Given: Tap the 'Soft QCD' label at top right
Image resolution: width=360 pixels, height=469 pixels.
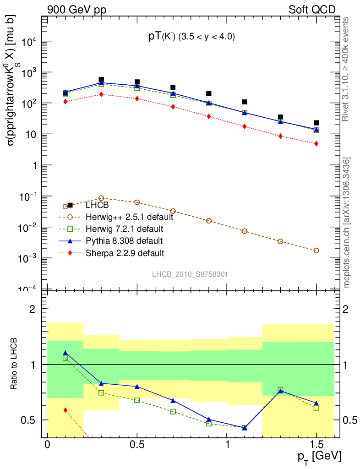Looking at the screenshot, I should pyautogui.click(x=312, y=10).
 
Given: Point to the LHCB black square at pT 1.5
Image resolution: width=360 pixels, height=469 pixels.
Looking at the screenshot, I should pyautogui.click(x=316, y=123).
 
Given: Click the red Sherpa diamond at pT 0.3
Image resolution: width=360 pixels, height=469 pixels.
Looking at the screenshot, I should pyautogui.click(x=101, y=94).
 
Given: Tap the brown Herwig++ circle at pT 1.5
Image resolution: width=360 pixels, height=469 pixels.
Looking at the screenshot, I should pyautogui.click(x=316, y=251).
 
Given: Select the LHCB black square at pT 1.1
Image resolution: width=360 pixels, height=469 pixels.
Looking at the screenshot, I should pyautogui.click(x=245, y=102).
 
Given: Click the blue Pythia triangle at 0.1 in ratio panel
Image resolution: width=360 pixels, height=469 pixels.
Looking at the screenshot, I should pyautogui.click(x=65, y=353).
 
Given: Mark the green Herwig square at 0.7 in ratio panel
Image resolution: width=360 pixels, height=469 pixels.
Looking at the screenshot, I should pyautogui.click(x=173, y=412).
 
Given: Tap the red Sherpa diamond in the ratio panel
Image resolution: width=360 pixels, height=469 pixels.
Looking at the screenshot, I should pyautogui.click(x=65, y=410).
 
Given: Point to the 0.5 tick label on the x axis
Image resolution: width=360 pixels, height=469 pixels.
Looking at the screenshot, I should pyautogui.click(x=137, y=445).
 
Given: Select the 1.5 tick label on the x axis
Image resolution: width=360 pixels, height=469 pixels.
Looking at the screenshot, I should pyautogui.click(x=316, y=445).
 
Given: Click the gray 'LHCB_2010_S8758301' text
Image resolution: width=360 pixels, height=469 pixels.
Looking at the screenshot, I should pyautogui.click(x=190, y=274).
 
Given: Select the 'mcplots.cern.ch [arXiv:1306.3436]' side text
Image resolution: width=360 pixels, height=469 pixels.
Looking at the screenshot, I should pyautogui.click(x=347, y=223).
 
